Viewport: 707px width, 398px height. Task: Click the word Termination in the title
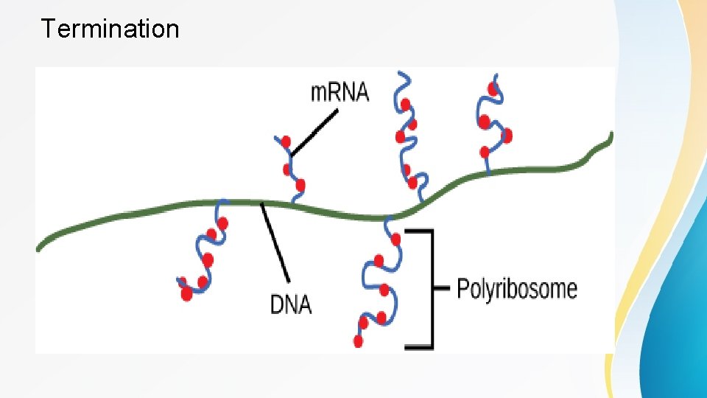(110, 29)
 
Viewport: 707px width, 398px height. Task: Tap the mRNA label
(340, 93)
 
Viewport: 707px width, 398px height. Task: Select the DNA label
(291, 303)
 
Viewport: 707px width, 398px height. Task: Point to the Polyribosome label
(517, 287)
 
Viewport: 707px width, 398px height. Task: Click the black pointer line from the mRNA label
(314, 133)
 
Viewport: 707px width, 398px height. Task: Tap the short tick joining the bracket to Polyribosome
(441, 287)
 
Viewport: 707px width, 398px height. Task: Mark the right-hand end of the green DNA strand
(610, 136)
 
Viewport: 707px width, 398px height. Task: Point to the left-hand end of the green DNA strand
(40, 248)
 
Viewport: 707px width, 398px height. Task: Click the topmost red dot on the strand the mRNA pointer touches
(286, 141)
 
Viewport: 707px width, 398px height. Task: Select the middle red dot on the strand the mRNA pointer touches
(288, 170)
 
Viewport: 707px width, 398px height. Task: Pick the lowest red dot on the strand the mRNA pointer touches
(301, 185)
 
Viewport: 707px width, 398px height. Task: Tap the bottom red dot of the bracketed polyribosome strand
(358, 341)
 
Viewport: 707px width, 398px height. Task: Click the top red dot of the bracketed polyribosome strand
(397, 239)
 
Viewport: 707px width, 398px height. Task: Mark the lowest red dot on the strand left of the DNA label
(186, 293)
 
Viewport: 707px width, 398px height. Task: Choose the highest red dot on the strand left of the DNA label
(222, 222)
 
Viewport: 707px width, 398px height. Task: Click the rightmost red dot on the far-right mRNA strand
(506, 136)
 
